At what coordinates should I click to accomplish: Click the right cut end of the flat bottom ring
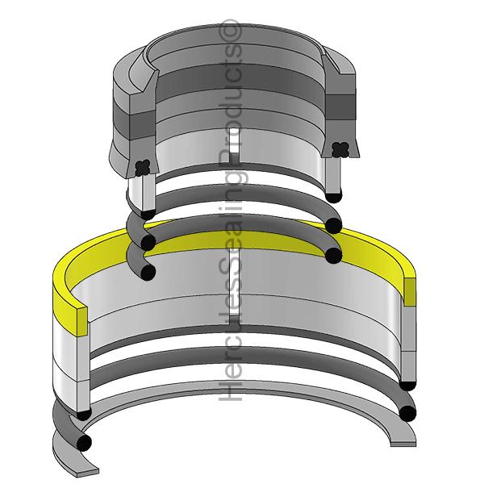[x=403, y=440]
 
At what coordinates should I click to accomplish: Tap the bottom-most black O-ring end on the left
[x=84, y=441]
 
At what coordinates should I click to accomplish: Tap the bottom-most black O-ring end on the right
[x=408, y=414]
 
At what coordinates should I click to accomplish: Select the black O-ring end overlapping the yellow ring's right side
[x=332, y=257]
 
